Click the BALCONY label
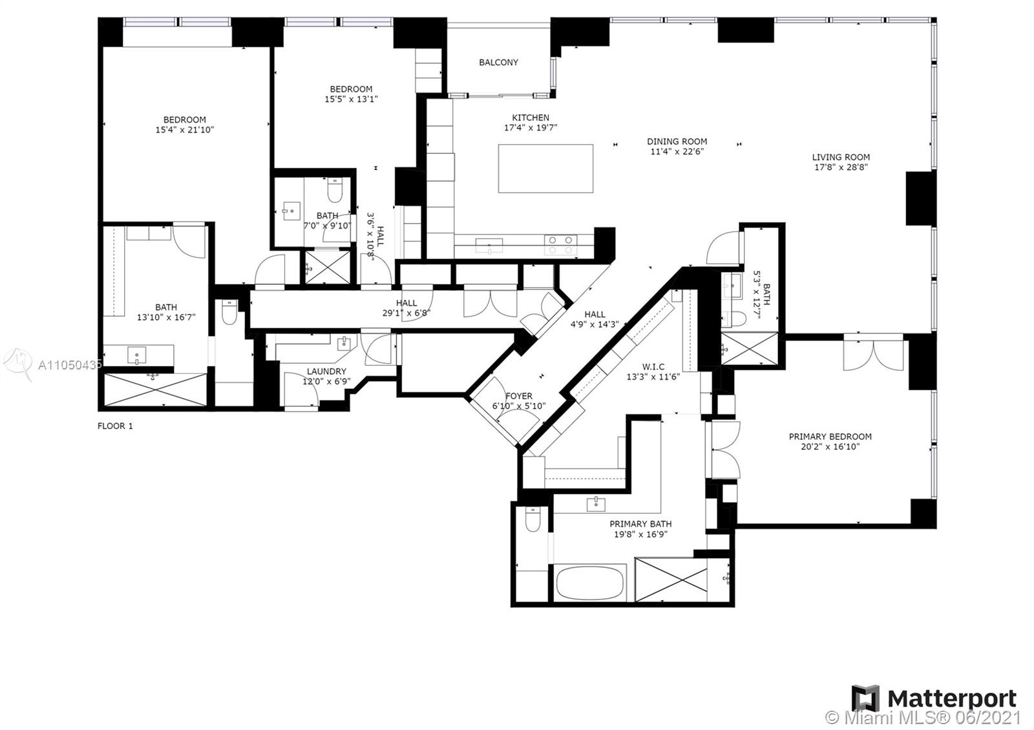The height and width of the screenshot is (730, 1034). point(498,63)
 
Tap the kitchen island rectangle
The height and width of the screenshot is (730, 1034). point(545,169)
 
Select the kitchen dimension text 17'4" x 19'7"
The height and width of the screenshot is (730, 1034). point(531,128)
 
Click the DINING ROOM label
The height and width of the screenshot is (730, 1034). point(677,141)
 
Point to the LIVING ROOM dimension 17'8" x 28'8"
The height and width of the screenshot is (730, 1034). point(841,167)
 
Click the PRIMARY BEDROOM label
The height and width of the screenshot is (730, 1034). point(830,437)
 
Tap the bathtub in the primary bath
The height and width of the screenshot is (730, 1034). point(590,583)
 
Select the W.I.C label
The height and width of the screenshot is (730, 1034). point(653,367)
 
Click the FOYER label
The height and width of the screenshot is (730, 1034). point(519,396)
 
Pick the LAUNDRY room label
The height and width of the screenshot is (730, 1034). point(326,371)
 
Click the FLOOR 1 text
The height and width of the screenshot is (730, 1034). point(115,426)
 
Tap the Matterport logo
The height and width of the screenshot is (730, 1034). point(934,699)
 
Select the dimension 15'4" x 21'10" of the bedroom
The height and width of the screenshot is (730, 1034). point(184,130)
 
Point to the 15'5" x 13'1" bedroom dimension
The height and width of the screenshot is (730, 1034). point(351,99)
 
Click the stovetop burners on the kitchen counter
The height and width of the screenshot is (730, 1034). point(560,245)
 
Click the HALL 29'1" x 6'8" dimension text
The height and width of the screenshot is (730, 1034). point(406,313)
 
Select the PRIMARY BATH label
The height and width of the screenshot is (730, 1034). point(640,524)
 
